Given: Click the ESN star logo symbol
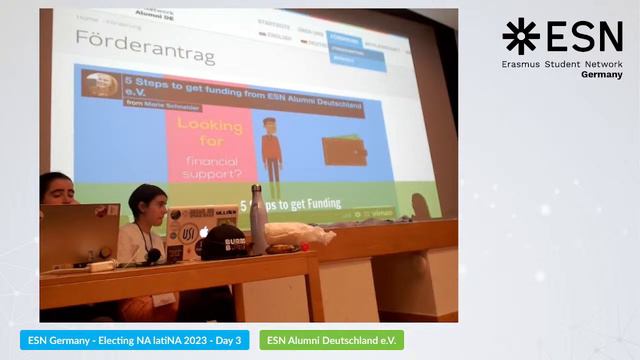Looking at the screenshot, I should [x=520, y=36].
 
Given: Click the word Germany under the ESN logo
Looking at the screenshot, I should [x=601, y=75].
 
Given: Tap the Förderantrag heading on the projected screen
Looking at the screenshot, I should [x=145, y=49].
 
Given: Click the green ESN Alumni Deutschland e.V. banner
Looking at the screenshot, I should [x=331, y=340].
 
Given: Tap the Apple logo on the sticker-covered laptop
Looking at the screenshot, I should [x=204, y=232].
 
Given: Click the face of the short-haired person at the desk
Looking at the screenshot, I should [x=153, y=208].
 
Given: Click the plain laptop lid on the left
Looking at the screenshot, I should [x=79, y=234].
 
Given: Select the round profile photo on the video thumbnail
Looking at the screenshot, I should [x=101, y=85].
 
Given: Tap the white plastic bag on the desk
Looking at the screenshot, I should [x=300, y=234].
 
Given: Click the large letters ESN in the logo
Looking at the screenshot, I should [x=585, y=36].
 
